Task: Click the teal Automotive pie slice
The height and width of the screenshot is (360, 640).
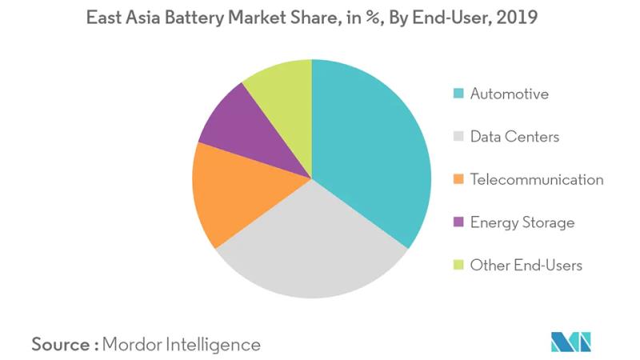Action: (368, 152)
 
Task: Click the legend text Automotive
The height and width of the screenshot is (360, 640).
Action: (510, 94)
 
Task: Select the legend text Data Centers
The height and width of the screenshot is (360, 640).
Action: (514, 137)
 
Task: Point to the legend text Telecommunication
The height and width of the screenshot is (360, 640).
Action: (537, 179)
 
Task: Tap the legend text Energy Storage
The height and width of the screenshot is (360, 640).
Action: (522, 222)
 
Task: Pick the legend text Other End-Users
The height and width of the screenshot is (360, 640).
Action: (526, 265)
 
